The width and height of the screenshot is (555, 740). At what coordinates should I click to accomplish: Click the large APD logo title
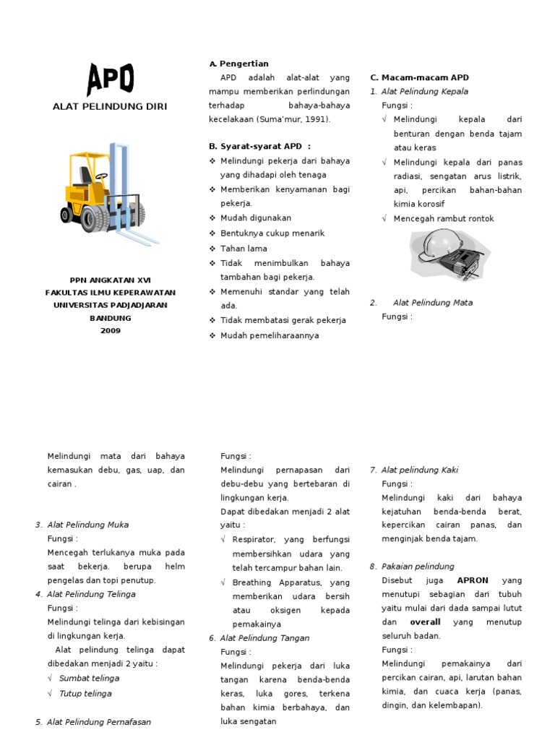pos(110,79)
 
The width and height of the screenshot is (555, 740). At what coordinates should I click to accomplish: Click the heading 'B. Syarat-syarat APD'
pos(259,146)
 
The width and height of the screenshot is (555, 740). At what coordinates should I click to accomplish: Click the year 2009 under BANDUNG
pos(111,331)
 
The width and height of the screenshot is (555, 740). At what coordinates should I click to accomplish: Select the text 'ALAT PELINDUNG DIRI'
pos(110,107)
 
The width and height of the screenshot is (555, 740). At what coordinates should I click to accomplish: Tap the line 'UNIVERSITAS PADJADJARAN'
pos(111,305)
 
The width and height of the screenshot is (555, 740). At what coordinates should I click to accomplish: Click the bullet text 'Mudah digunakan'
pos(256,218)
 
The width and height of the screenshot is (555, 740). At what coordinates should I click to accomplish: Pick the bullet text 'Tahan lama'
pos(244,249)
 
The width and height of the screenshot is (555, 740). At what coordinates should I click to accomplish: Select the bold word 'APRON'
pos(473,580)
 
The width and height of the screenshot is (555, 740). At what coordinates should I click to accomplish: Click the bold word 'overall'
pos(425,622)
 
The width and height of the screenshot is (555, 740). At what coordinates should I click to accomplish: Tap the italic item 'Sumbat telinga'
pos(89,679)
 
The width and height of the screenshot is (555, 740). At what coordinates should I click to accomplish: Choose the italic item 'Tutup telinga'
pos(85,694)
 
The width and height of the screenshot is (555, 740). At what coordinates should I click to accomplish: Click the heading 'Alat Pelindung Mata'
pos(433,303)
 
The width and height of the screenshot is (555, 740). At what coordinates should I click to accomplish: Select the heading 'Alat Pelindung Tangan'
pos(264,638)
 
